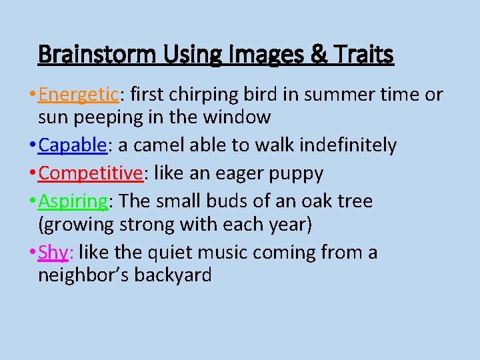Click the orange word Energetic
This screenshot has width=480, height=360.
coord(78,95)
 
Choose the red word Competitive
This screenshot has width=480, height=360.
coord(91,173)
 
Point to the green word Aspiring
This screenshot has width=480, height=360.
coord(73,201)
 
